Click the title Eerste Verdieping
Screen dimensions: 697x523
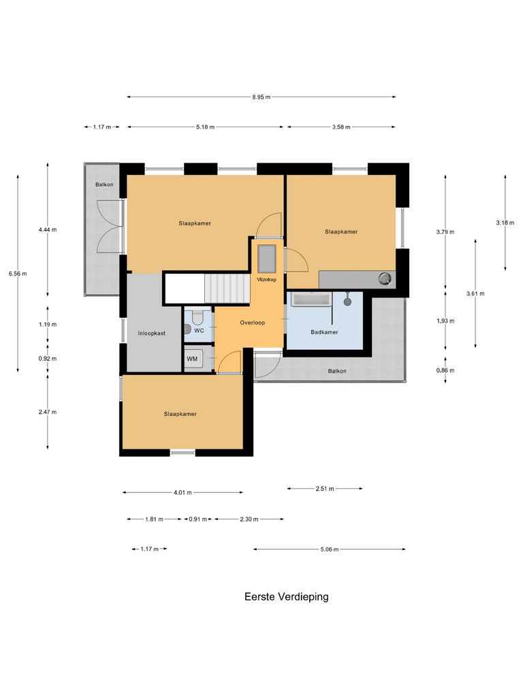coord(286,597)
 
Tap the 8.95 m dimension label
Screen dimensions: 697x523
coord(261,97)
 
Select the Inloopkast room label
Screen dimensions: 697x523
coord(151,334)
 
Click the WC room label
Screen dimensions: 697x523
coord(200,330)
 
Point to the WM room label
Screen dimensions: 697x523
coord(192,358)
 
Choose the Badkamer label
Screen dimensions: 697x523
coord(324,332)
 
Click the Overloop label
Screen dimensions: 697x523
coord(252,323)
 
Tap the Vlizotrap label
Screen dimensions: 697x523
coord(266,279)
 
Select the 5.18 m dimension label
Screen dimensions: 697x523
coord(205,127)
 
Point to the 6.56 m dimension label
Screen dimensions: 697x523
coord(18,274)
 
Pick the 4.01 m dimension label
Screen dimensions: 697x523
coord(183,492)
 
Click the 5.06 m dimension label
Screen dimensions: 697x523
coord(329,549)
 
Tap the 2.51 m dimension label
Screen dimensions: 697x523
coord(325,488)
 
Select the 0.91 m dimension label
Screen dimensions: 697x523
coord(198,519)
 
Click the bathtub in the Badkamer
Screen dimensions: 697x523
coord(311,298)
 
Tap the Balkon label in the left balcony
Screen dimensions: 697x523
coord(104,184)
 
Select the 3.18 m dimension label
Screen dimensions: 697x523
coord(505,223)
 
